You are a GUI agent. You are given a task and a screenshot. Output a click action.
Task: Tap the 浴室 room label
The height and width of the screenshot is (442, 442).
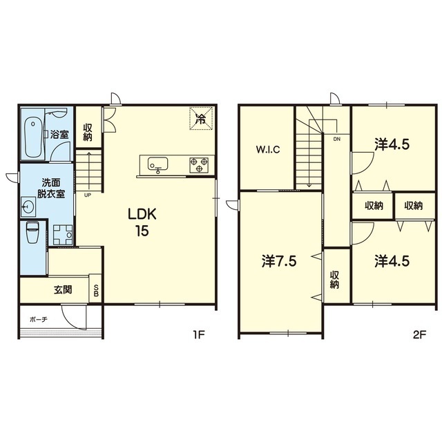point(59,135)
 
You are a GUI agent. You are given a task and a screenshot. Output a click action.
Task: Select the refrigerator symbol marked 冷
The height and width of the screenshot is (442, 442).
point(201,118)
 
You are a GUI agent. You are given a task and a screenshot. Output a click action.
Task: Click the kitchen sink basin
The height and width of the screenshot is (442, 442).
point(158,164)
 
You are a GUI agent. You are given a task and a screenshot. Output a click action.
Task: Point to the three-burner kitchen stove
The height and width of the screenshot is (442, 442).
point(199,164)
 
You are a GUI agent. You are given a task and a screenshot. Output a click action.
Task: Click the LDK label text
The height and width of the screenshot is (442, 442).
point(142,215)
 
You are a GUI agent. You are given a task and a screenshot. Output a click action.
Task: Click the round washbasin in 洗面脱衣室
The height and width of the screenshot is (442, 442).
point(28,207)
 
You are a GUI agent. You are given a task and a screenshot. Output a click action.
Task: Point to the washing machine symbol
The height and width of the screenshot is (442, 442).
point(63,235)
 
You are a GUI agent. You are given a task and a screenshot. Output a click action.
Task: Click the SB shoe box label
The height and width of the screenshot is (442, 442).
point(96,290)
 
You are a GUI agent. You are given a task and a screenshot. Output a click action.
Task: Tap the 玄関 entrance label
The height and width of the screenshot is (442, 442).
point(63,290)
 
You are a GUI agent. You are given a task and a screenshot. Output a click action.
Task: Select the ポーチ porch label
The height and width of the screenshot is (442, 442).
point(39,319)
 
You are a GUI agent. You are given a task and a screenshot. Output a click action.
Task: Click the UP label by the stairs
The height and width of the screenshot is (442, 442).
point(88,195)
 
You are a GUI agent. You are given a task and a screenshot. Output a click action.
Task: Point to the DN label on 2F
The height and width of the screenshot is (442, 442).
point(336,139)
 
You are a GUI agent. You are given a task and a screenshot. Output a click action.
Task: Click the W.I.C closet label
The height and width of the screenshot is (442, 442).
point(268,149)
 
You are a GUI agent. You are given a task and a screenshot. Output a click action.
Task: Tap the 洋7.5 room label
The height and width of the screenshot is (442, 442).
point(279,262)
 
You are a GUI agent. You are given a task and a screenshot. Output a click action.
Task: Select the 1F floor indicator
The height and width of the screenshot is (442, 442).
point(198,334)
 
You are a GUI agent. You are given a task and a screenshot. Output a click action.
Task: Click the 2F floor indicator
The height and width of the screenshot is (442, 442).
point(419,334)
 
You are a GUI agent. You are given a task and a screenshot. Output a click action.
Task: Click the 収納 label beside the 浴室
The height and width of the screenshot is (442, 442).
point(88,133)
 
